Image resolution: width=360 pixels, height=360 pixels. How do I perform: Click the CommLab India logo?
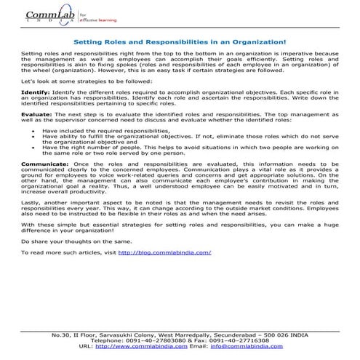[47, 16]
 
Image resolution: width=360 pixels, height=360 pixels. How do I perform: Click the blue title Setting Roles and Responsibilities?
[180, 43]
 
